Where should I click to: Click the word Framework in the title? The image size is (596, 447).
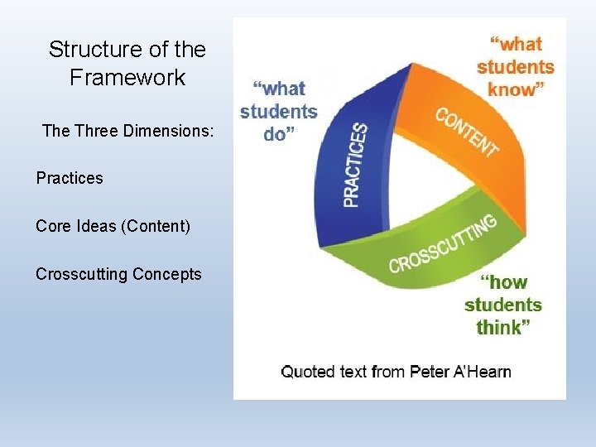pos(127,79)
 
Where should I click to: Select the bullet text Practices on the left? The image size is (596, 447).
pos(70,178)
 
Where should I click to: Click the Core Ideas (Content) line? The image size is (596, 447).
pos(113,226)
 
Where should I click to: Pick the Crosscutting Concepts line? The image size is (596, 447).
pos(118,274)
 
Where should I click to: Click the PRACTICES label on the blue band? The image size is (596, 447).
pos(355,166)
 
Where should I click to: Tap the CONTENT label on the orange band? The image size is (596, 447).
pos(467,132)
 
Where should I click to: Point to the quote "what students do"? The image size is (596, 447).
pos(278,111)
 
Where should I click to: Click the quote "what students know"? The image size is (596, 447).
pos(514,66)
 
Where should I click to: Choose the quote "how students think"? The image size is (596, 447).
pos(502,305)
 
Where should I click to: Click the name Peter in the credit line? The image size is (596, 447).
pos(430,372)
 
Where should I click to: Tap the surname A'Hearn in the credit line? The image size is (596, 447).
pos(483,372)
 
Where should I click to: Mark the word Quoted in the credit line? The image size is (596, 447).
pos(309,372)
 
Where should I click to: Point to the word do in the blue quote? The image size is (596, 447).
pos(276,134)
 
